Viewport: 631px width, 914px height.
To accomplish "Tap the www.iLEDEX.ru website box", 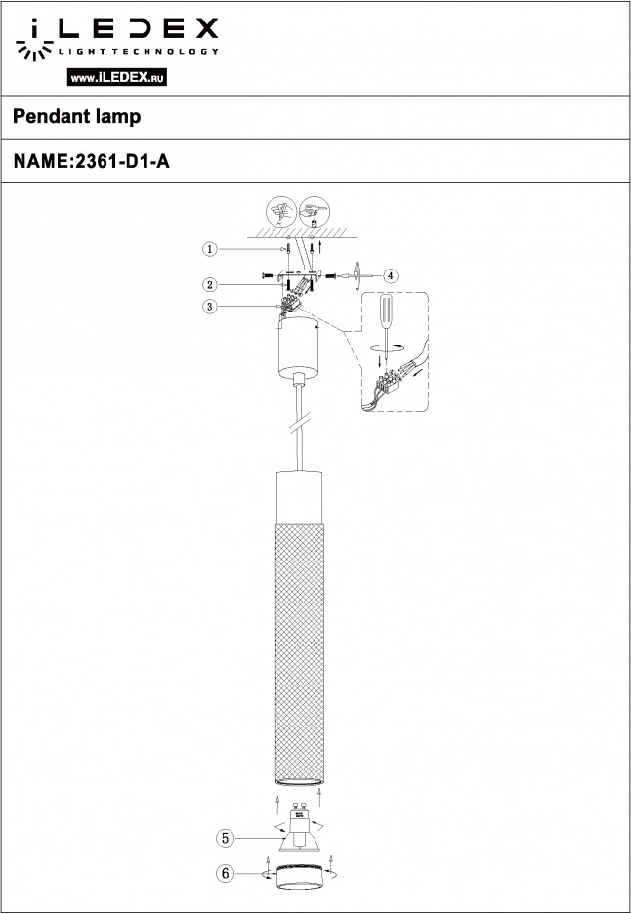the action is tap(117, 77).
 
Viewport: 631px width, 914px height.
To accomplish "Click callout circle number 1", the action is tap(210, 249).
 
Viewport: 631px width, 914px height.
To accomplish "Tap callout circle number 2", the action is tap(210, 285).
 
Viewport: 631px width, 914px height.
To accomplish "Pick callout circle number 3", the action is tap(210, 306).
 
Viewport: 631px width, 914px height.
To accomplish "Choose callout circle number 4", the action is tap(391, 275).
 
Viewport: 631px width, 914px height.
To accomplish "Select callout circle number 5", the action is tap(225, 838).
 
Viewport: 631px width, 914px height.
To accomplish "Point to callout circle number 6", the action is tap(225, 873).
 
